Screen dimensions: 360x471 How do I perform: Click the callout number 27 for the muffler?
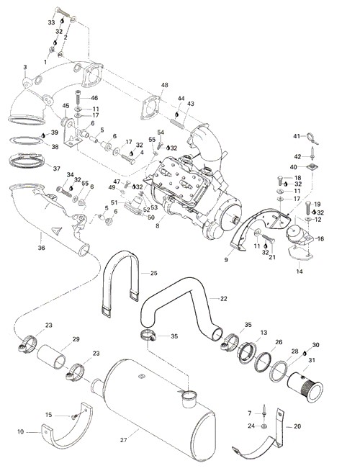pyautogui.click(x=123, y=440)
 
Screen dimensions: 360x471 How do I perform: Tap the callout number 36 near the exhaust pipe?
pyautogui.click(x=42, y=248)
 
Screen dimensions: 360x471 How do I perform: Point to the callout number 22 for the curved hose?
pyautogui.click(x=223, y=299)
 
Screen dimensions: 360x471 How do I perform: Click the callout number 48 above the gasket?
pyautogui.click(x=165, y=85)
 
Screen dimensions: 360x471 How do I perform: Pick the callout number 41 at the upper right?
pyautogui.click(x=297, y=136)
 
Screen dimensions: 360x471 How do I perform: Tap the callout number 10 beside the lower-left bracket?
pyautogui.click(x=20, y=431)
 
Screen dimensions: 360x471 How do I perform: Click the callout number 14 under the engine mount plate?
pyautogui.click(x=300, y=272)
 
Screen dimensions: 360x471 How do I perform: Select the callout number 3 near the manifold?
pyautogui.click(x=25, y=67)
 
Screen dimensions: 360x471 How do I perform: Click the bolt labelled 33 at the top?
pyautogui.click(x=63, y=12)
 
